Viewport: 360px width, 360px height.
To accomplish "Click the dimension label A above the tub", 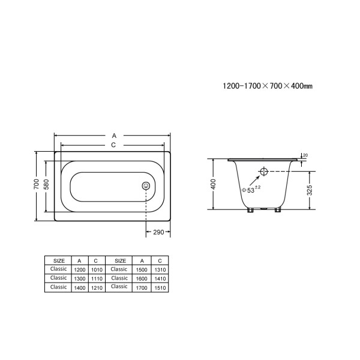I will tap(113, 136).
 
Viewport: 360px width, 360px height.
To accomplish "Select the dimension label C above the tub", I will tap(113, 145).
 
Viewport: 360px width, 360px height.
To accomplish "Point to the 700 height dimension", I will tap(36, 185).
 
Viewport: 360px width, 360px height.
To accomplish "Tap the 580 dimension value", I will tap(45, 185).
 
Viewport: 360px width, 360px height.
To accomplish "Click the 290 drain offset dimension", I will tap(159, 231).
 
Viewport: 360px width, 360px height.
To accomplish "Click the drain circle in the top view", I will tap(146, 186).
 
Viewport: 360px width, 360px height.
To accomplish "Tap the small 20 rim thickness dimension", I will tap(305, 156).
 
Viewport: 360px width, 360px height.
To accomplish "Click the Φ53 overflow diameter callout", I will tap(250, 190).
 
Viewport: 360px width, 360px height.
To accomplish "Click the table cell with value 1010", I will tap(96, 270).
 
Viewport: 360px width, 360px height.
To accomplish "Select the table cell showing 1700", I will tap(142, 287).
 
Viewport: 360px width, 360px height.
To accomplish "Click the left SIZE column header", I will tap(59, 261).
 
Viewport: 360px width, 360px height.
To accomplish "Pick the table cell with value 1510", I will tap(159, 287).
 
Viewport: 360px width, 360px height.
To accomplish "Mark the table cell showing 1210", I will tap(96, 287).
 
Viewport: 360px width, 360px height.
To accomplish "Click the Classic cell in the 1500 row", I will tap(119, 269).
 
